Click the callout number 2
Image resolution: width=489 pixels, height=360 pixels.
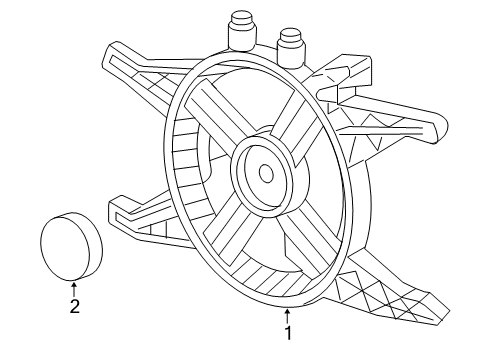point(74,307)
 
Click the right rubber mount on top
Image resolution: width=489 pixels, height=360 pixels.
point(290,46)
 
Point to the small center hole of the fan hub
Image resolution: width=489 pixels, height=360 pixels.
point(266,173)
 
